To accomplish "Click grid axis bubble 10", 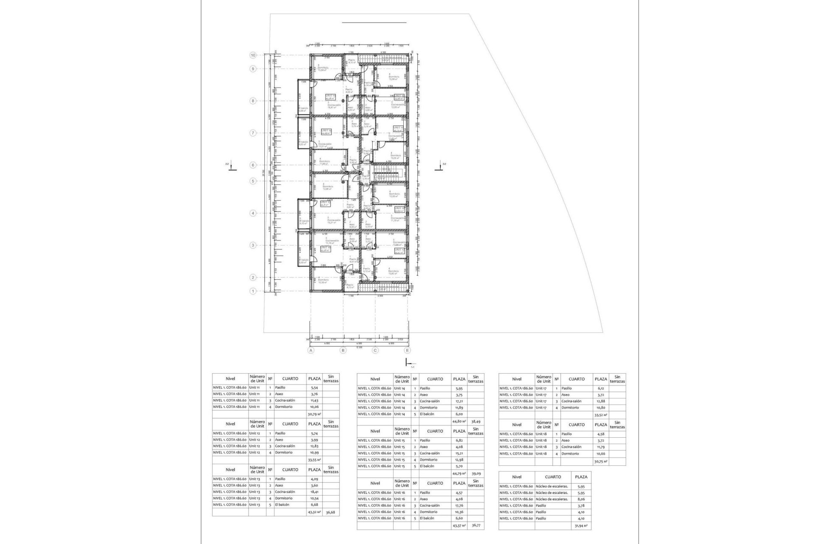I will (x=253, y=55).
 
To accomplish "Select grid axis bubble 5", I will (x=253, y=181).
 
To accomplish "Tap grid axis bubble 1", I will (x=253, y=291).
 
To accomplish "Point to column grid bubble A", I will (x=311, y=351).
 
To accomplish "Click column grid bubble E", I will (x=408, y=351).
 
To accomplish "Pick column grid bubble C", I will (x=375, y=351).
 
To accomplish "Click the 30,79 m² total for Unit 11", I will (x=314, y=414).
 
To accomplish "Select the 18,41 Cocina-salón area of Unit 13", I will (x=314, y=492).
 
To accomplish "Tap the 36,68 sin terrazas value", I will (x=331, y=512).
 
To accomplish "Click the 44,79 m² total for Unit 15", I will (x=459, y=473).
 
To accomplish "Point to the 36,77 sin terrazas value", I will (x=476, y=525).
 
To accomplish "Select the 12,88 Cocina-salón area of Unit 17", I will (x=600, y=401).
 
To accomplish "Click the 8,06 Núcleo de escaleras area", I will (x=581, y=499).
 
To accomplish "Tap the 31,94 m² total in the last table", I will (x=581, y=526).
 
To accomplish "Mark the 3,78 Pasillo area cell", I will (x=581, y=505).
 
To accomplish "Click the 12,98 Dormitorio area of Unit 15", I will (x=459, y=459).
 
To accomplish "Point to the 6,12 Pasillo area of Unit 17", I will (x=600, y=388).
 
